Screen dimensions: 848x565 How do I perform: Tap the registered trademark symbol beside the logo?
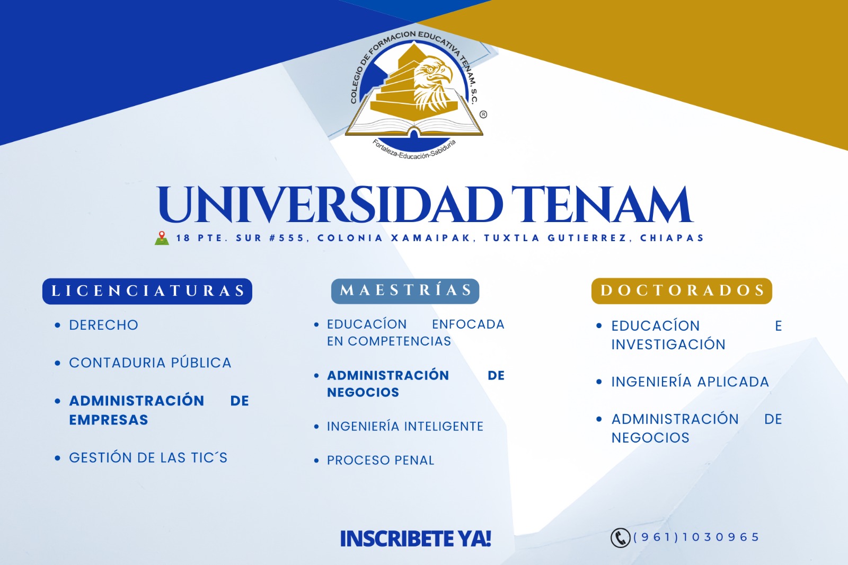coord(483,114)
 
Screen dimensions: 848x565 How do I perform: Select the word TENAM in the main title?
coord(602,205)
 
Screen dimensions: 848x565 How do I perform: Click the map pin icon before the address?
coord(162,238)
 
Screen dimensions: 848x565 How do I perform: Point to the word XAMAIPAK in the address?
coord(431,238)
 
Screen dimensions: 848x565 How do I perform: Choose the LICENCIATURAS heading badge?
coord(147,291)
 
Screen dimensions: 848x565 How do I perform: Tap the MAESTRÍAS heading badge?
coord(405,291)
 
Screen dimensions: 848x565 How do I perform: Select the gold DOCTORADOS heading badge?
coord(682,291)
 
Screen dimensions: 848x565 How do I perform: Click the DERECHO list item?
coord(103,325)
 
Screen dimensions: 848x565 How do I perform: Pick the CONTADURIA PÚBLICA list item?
coord(150,363)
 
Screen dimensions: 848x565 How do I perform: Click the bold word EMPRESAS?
coord(108,420)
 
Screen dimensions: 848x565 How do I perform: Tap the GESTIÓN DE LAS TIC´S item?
coord(148,457)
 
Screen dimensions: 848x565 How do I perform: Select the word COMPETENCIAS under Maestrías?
coord(400,341)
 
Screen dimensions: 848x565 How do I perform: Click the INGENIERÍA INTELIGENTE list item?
coord(405,427)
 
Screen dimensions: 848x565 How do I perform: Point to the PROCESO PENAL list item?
coord(381,460)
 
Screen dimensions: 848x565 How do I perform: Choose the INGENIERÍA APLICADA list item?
coord(690,381)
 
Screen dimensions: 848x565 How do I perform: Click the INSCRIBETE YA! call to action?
coord(416,538)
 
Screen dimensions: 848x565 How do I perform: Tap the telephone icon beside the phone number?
coord(620,538)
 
